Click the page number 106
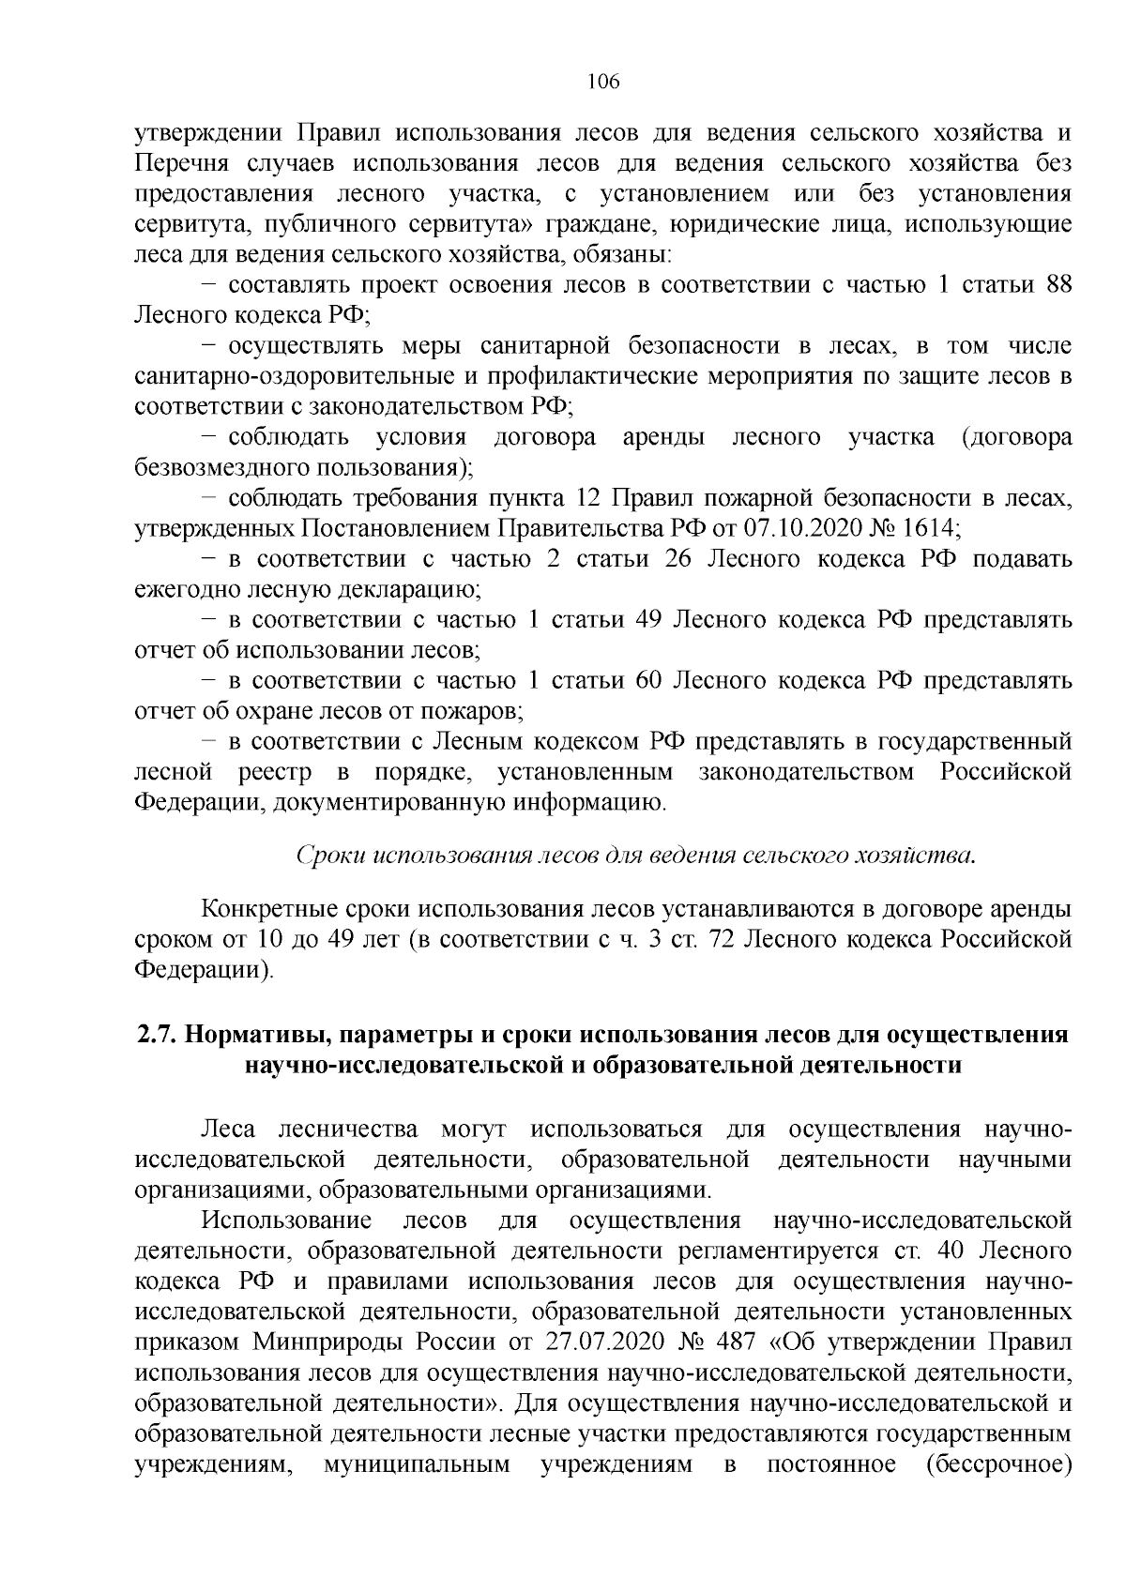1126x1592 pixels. point(603,82)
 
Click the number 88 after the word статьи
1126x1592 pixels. point(1058,285)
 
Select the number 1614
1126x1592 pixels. point(932,529)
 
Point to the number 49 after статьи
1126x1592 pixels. point(644,620)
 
